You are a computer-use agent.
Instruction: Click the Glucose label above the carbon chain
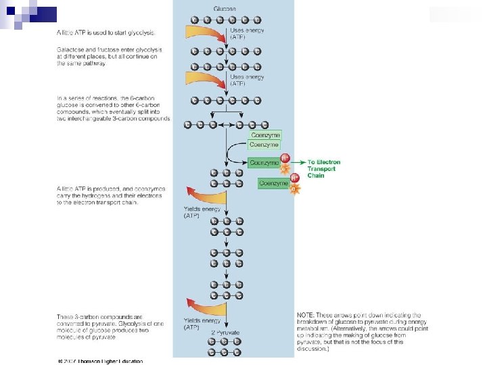click(x=225, y=8)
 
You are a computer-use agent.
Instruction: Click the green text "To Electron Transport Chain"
click(x=324, y=168)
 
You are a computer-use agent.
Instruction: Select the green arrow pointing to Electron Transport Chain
click(x=298, y=163)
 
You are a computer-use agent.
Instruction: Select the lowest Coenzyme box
click(x=273, y=182)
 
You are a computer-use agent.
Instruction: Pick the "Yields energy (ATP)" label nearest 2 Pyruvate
click(x=202, y=324)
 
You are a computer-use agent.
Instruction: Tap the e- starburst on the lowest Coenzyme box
click(x=294, y=189)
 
